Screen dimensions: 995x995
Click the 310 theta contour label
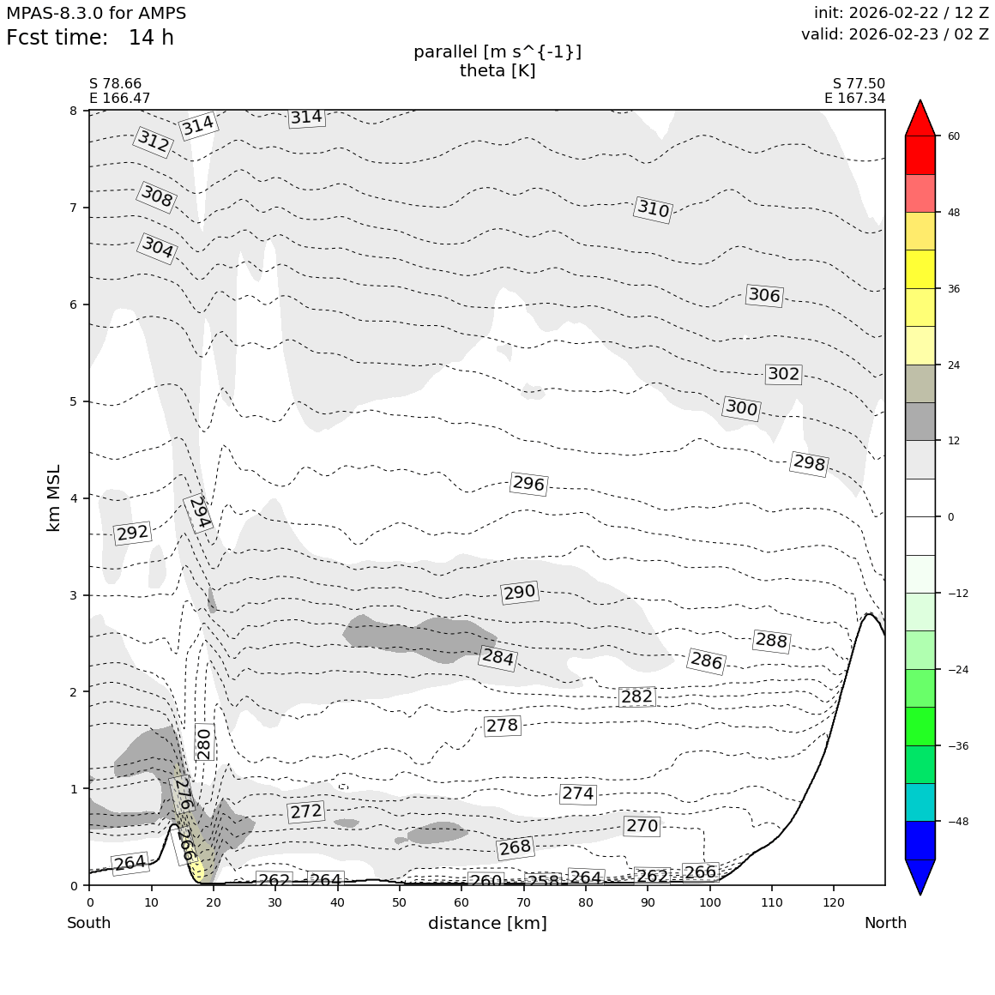(653, 208)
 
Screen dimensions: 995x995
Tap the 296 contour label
(528, 484)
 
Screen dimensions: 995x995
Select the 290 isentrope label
(519, 593)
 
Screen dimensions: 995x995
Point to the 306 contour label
(764, 296)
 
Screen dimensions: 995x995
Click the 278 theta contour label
(502, 726)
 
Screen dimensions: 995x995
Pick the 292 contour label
(132, 534)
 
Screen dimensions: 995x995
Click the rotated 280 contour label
(203, 744)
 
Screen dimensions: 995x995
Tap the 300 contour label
(741, 408)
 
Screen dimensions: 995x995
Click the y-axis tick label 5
(73, 401)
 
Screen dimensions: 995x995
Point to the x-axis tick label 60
(461, 902)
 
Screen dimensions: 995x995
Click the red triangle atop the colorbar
(920, 118)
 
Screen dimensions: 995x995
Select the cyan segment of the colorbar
(920, 802)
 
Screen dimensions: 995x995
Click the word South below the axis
(89, 923)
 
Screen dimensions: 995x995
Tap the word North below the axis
(885, 923)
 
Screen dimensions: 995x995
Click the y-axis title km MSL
(54, 497)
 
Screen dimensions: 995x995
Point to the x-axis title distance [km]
(487, 923)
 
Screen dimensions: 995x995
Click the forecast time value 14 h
(151, 39)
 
